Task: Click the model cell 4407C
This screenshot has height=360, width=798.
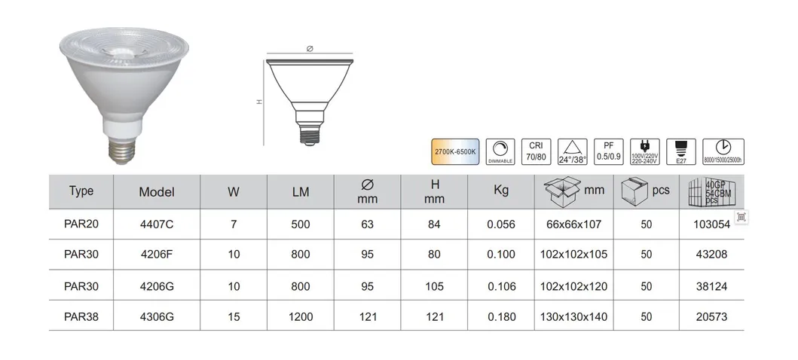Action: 156,224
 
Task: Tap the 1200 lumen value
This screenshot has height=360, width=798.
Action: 301,317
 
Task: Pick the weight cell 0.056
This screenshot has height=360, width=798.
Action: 501,224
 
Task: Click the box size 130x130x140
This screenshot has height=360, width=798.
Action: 574,317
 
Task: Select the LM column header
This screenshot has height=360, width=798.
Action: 301,191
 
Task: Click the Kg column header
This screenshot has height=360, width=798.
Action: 501,191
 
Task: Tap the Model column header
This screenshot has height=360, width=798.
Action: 156,191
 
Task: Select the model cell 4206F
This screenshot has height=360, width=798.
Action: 156,255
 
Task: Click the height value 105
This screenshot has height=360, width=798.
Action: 435,286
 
